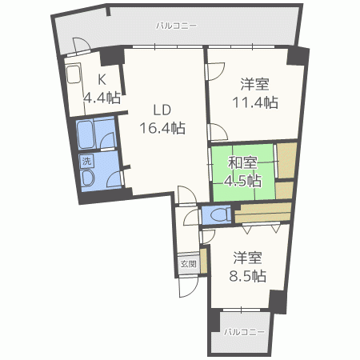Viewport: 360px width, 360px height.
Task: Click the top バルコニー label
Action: (176, 25)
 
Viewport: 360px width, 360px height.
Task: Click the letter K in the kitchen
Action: (102, 80)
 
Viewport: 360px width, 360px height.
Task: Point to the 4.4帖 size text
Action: (102, 98)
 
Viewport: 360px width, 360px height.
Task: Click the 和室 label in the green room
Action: (242, 163)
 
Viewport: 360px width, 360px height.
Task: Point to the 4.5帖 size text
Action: (243, 181)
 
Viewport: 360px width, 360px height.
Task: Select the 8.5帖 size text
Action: (247, 276)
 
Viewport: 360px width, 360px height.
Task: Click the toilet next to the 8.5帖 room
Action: (215, 214)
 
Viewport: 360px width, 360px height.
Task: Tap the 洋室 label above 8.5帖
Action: (247, 258)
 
